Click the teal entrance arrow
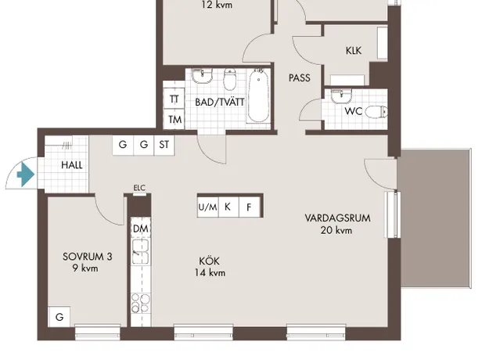click(26, 175)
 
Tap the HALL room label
click(72, 164)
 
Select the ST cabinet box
click(164, 145)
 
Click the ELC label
click(139, 188)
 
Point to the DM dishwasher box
click(141, 229)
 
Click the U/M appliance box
click(208, 207)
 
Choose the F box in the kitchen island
click(249, 207)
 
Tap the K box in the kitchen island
click(228, 207)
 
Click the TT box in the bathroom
click(174, 99)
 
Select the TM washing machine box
click(174, 119)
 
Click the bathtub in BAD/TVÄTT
click(258, 96)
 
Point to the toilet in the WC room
click(376, 112)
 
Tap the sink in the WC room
click(341, 96)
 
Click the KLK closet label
click(354, 51)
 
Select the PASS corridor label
click(300, 77)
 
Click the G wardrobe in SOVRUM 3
click(59, 317)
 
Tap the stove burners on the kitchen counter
click(140, 303)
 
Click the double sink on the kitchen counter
click(140, 252)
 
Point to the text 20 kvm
click(336, 230)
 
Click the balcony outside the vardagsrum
click(435, 218)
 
